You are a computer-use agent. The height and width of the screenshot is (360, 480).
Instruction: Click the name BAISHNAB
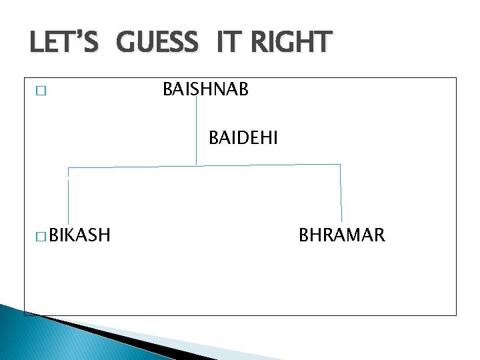[205, 89]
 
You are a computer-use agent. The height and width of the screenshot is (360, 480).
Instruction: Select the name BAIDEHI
[243, 138]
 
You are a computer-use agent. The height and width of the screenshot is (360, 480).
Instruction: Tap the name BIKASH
[79, 235]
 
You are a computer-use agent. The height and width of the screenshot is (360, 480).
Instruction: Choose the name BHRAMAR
[341, 235]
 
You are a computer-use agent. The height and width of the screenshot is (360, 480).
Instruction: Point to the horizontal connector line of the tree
[267, 165]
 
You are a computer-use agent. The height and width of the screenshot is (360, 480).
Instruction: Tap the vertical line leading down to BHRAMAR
[341, 193]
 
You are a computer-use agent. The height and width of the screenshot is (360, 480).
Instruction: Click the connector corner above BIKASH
[68, 168]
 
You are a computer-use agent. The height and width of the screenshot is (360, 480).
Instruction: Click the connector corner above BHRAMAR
[340, 164]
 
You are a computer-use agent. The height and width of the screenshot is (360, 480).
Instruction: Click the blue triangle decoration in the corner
[40, 337]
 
